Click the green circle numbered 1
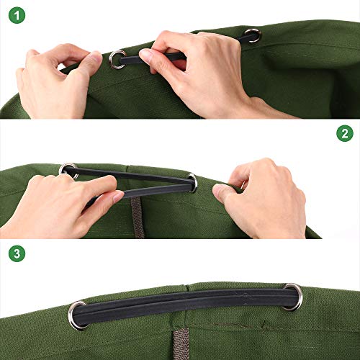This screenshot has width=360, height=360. pos(17,15)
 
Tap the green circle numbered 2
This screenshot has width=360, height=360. pos(345,133)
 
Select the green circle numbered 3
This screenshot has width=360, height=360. pos(17,253)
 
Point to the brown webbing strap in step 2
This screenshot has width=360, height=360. pos(138,217)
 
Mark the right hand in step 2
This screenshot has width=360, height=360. pos(264,199)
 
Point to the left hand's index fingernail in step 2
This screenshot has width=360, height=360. pos(118,197)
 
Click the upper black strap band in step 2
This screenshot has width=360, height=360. pos(130,175)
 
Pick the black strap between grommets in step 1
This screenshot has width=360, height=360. pos(153,58)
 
